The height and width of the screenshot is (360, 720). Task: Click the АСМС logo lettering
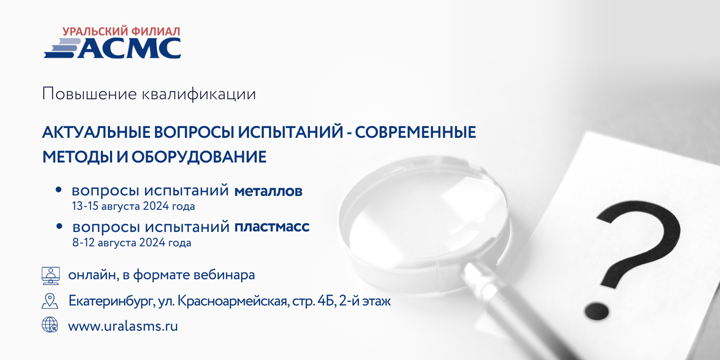click(129, 48)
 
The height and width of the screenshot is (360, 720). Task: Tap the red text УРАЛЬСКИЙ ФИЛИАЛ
click(121, 31)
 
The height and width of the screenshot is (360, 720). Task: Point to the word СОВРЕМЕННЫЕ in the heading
click(416, 133)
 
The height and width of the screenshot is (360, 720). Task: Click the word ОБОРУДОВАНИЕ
click(199, 157)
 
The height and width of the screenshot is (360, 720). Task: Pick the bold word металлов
click(268, 191)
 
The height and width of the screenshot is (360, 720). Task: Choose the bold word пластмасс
click(272, 227)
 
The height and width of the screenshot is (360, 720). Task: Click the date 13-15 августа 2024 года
click(133, 206)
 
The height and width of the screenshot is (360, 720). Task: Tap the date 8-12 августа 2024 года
click(132, 242)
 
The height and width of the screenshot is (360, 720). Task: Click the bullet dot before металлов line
click(59, 190)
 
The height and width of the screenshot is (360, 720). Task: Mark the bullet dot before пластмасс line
click(59, 226)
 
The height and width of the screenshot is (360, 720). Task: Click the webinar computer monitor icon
click(51, 276)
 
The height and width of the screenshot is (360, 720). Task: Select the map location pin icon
click(50, 301)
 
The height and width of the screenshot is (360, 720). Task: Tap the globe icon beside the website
click(50, 325)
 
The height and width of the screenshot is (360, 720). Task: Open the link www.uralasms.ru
click(123, 326)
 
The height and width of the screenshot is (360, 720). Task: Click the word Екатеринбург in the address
click(110, 301)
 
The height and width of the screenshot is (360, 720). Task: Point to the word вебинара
click(225, 275)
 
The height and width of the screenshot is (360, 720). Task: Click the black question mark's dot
click(597, 311)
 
